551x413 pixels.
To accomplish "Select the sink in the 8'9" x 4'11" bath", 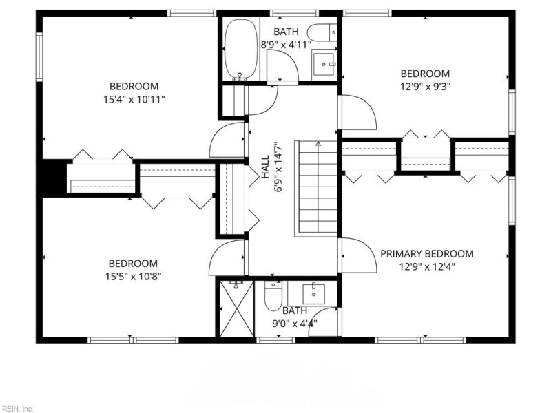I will pyautogui.click(x=323, y=65).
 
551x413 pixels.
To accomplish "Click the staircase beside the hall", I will pyautogui.click(x=317, y=189).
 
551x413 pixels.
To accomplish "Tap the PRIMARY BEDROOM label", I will pyautogui.click(x=427, y=254).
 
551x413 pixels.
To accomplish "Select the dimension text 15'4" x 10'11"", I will pyautogui.click(x=134, y=99).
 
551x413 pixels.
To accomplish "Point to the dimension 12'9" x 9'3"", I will pyautogui.click(x=425, y=87).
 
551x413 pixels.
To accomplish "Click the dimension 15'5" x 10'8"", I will pyautogui.click(x=133, y=276).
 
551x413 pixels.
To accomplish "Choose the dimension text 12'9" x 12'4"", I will pyautogui.click(x=427, y=266).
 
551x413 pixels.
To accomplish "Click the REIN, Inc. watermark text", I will pyautogui.click(x=17, y=408).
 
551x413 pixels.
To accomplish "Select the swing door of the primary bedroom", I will pyautogui.click(x=357, y=253).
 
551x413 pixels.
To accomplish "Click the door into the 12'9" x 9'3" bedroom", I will pyautogui.click(x=357, y=112).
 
